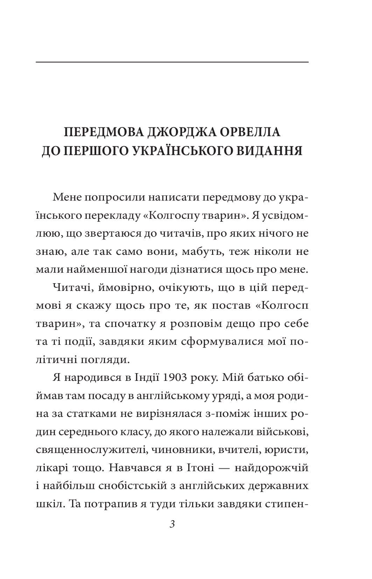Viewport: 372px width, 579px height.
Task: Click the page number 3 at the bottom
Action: pos(172,524)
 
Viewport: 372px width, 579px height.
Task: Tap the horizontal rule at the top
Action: pos(172,62)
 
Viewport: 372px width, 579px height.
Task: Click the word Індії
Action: pos(147,378)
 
